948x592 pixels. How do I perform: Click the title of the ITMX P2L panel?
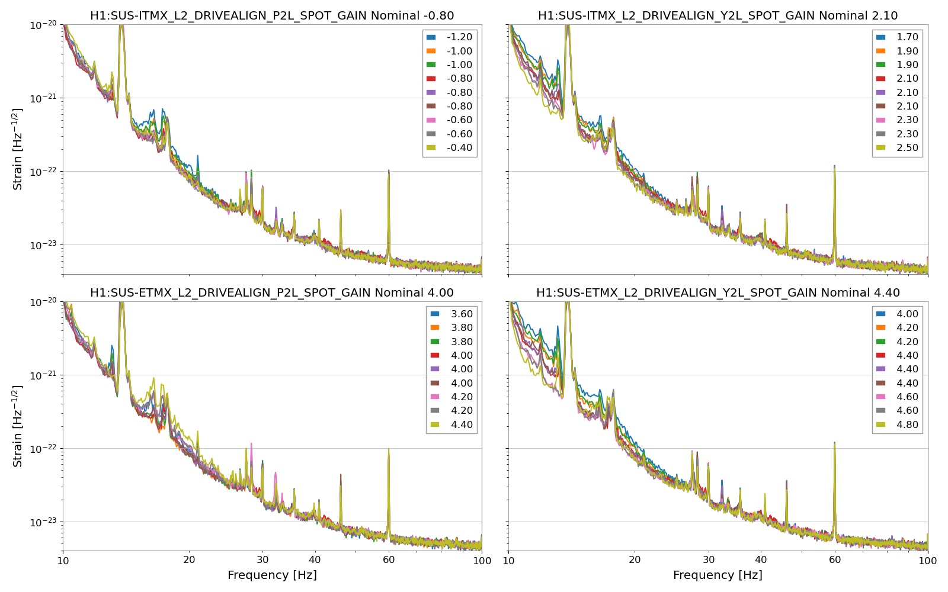coord(272,16)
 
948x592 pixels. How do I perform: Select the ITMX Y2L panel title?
coord(718,16)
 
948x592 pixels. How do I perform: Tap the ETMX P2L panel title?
coord(272,292)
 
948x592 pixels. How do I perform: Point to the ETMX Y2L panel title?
coord(718,292)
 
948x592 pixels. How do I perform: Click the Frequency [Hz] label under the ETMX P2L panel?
coord(272,575)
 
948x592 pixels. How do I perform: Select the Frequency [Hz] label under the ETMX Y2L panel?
coord(718,575)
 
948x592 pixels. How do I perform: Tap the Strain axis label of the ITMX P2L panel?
coord(18,149)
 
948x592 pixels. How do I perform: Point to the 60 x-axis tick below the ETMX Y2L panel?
coord(834,560)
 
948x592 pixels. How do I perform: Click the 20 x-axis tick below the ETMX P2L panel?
coord(189,560)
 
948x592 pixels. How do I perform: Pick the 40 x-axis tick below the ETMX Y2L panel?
coord(761,560)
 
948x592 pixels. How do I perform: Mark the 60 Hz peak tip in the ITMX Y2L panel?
coord(834,166)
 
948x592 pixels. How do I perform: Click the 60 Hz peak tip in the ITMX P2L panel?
coord(389,170)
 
